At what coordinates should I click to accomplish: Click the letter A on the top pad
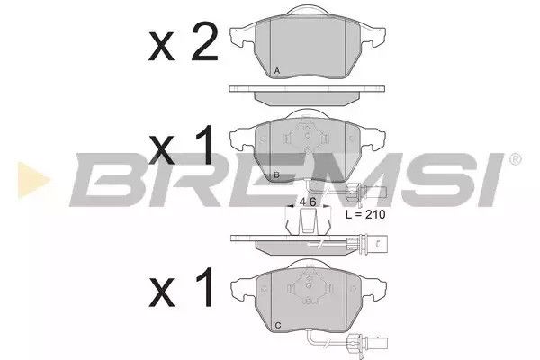tap(277, 71)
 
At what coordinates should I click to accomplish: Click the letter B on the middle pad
tap(276, 175)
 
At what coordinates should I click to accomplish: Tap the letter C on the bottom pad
tap(278, 325)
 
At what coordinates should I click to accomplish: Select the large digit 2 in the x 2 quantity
tap(205, 41)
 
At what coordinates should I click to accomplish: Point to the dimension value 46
tap(308, 202)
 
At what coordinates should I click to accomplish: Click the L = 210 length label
tap(365, 214)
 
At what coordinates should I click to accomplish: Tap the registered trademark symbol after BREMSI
tap(515, 159)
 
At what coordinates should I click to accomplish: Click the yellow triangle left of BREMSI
tap(32, 180)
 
